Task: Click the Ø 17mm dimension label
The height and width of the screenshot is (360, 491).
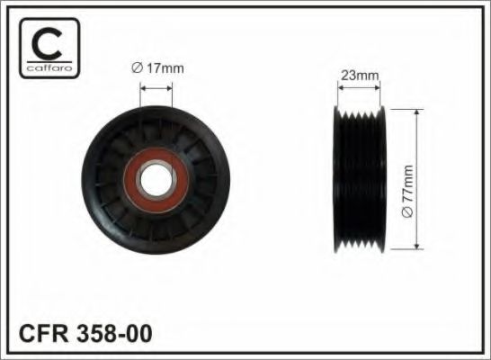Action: pos(158,68)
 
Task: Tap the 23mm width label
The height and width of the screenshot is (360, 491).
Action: pos(360,76)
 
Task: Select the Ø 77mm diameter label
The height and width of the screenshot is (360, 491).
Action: pos(407,191)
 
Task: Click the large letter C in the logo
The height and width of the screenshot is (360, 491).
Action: pos(47,43)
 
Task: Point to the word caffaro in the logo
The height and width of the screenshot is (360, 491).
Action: pos(49,67)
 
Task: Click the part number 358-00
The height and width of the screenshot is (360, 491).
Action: pos(114,333)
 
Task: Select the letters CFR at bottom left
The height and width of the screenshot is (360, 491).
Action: pos(43,333)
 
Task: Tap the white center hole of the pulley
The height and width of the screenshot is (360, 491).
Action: pos(156,181)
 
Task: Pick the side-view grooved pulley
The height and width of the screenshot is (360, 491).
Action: pos(359,179)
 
